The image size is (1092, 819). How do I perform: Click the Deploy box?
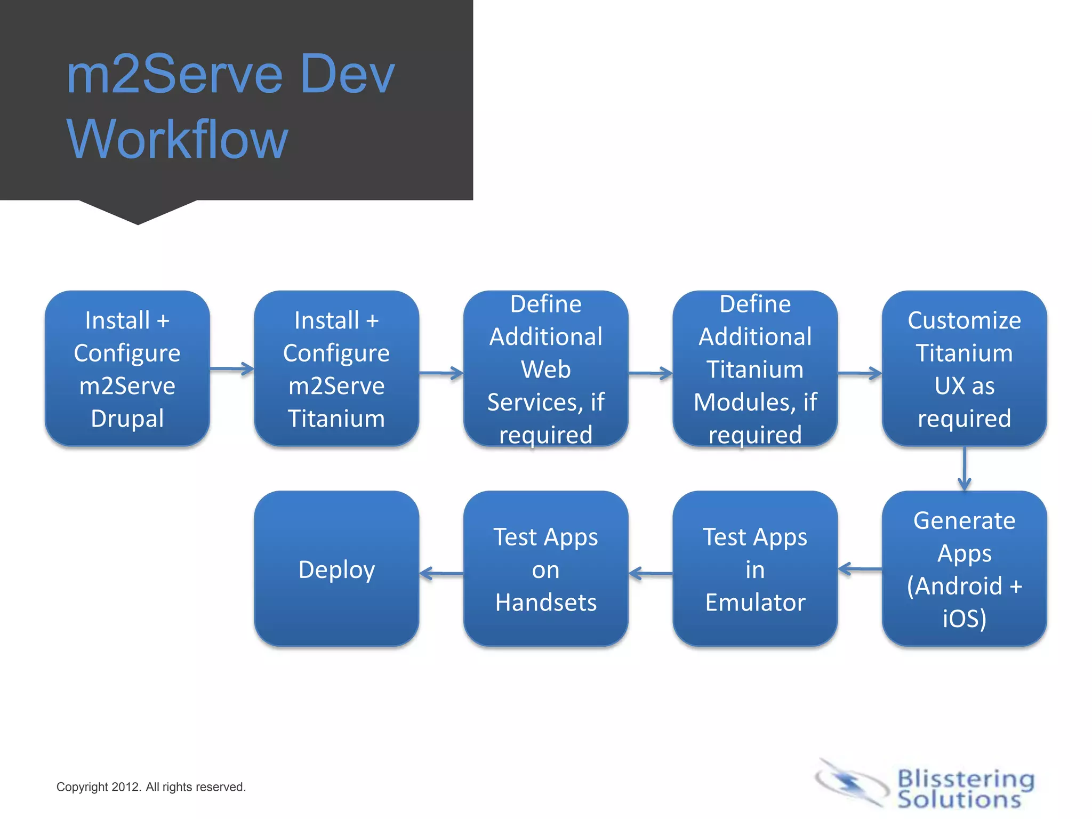click(x=336, y=569)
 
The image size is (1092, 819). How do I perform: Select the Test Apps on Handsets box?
click(x=545, y=569)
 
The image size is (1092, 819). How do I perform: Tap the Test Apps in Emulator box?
click(x=755, y=569)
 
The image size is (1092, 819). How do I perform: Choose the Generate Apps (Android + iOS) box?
click(x=964, y=569)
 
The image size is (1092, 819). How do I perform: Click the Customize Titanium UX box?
click(x=964, y=368)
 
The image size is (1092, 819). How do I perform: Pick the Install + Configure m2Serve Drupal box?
click(x=127, y=368)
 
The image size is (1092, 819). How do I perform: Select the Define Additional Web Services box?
click(x=545, y=368)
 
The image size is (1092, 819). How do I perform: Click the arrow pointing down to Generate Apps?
click(x=965, y=469)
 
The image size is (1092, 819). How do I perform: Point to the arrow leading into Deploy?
click(x=441, y=574)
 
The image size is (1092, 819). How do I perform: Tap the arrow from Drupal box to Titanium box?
click(x=232, y=368)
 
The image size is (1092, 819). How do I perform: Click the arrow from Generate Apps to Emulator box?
click(x=860, y=569)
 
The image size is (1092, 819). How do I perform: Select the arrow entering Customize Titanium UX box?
click(x=860, y=373)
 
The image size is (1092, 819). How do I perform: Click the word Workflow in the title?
click(x=177, y=140)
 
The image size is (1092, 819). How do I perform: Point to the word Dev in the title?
click(x=347, y=75)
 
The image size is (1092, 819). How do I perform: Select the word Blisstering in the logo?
click(x=966, y=778)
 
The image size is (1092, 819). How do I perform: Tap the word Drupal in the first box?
click(x=127, y=419)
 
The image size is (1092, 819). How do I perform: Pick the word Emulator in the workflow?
click(x=755, y=603)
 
